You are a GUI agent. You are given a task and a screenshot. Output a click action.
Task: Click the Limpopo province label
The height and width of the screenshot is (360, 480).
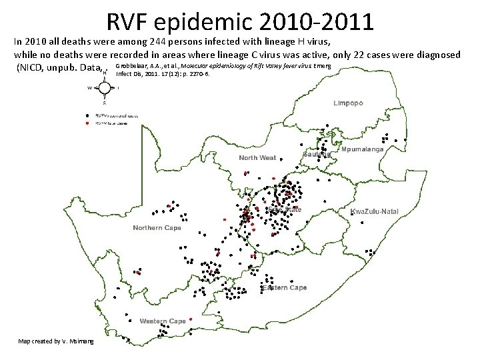(x=348, y=103)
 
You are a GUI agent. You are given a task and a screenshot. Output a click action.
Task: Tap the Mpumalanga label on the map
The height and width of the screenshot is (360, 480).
(x=363, y=150)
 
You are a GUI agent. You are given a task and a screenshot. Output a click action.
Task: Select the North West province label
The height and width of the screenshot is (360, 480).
(x=257, y=158)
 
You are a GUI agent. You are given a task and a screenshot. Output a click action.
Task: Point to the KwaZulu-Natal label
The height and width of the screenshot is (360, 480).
(x=374, y=211)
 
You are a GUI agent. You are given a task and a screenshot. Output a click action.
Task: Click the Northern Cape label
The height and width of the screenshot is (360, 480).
(x=157, y=228)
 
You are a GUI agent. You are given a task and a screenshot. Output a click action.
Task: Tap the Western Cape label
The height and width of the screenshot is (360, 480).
(x=162, y=321)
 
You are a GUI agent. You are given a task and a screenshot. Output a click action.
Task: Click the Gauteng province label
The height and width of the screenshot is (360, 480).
(x=317, y=154)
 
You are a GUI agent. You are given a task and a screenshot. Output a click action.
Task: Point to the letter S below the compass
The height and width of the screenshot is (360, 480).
(x=104, y=103)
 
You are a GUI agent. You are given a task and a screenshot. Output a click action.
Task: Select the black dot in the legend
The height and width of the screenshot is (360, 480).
(x=88, y=115)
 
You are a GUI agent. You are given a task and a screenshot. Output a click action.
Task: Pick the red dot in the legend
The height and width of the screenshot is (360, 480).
(x=88, y=123)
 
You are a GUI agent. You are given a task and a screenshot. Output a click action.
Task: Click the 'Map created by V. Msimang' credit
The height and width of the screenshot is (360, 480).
(x=56, y=341)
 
